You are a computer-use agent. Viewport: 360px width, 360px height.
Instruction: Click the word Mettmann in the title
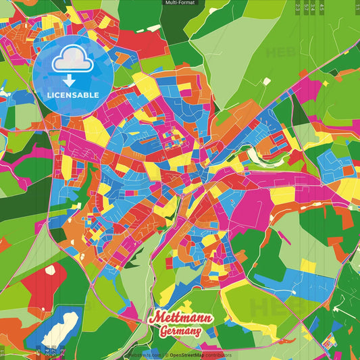coord(180,317)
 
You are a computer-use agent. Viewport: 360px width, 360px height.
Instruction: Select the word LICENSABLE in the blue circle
coord(72,94)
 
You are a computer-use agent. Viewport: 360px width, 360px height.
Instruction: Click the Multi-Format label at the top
coord(180,3)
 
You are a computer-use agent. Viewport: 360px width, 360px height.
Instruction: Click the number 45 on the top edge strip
coord(322,6)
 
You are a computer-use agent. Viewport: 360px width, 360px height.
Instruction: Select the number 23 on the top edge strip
coord(298,6)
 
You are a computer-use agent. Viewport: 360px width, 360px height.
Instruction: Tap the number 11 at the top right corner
coord(357,6)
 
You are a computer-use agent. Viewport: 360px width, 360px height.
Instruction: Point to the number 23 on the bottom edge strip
coord(62,352)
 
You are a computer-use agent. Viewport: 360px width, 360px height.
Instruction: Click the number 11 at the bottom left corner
coord(3,352)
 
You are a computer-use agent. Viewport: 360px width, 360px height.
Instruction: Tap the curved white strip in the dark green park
coord(259,157)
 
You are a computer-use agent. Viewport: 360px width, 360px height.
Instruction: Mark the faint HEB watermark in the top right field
coord(280,53)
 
